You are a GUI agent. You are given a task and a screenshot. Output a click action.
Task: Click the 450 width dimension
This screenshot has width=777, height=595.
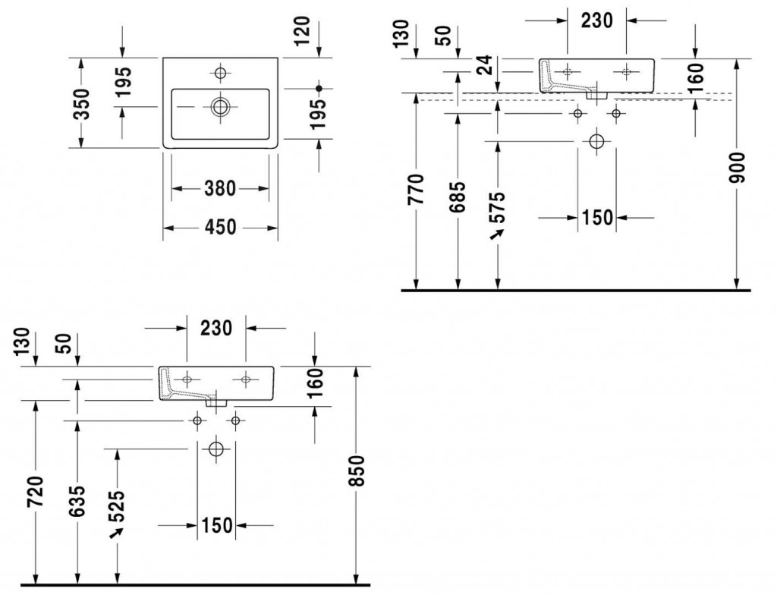coord(221,228)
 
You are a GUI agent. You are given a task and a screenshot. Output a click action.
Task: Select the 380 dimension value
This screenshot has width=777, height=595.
coord(221,189)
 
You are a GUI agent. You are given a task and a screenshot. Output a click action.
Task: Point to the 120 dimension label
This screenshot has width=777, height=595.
coord(301,31)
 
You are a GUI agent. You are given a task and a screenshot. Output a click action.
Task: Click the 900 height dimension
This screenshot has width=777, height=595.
coord(737,168)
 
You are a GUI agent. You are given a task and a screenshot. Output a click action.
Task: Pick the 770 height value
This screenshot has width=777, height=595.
coord(416,190)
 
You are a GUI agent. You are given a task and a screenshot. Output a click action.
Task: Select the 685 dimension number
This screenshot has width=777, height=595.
coord(458,197)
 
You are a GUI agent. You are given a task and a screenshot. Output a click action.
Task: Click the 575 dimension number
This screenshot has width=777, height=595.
coord(498,207)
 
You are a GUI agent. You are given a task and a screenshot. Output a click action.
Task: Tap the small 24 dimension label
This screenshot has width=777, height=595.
coord(487,65)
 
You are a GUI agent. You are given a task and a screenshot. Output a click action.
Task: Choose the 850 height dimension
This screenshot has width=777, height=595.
coord(357,471)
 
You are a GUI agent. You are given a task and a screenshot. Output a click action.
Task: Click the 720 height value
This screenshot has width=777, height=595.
coord(36,491)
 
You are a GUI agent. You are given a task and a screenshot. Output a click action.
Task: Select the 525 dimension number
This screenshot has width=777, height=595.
coord(117,507)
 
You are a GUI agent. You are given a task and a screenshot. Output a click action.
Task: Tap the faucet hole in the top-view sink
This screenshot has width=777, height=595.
coord(221,74)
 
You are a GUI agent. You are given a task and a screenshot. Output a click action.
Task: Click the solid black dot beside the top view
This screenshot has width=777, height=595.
coord(319,88)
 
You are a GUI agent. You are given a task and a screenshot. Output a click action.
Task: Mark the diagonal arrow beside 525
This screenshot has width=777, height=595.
coord(116,534)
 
